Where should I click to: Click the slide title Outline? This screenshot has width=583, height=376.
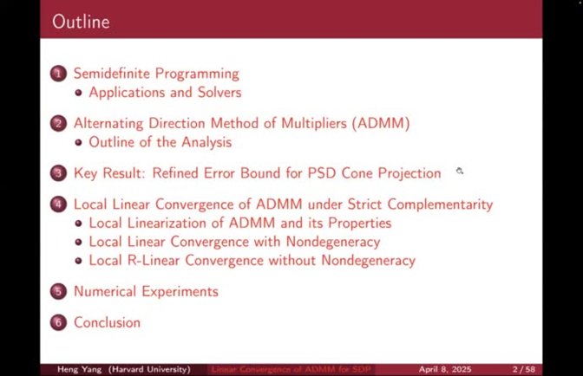(81, 22)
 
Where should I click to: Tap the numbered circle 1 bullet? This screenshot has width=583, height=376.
(59, 74)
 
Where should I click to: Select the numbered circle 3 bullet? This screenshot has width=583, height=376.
(59, 173)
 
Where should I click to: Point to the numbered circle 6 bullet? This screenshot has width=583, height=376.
(59, 322)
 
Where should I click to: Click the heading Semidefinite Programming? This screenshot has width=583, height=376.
(156, 74)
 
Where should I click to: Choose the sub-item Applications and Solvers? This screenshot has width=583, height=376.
(165, 93)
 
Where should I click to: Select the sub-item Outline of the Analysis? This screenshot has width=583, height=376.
(160, 142)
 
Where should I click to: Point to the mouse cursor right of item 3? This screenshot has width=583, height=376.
(459, 172)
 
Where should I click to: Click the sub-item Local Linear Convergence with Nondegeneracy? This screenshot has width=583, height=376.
(234, 242)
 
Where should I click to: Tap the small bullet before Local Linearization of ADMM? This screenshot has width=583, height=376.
(80, 224)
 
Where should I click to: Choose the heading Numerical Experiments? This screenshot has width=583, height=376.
(146, 291)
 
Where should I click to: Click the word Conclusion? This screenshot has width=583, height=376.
(107, 322)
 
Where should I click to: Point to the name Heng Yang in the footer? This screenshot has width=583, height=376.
(79, 369)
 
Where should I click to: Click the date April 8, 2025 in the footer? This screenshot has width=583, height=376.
(443, 369)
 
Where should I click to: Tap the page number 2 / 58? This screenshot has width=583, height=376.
(524, 369)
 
